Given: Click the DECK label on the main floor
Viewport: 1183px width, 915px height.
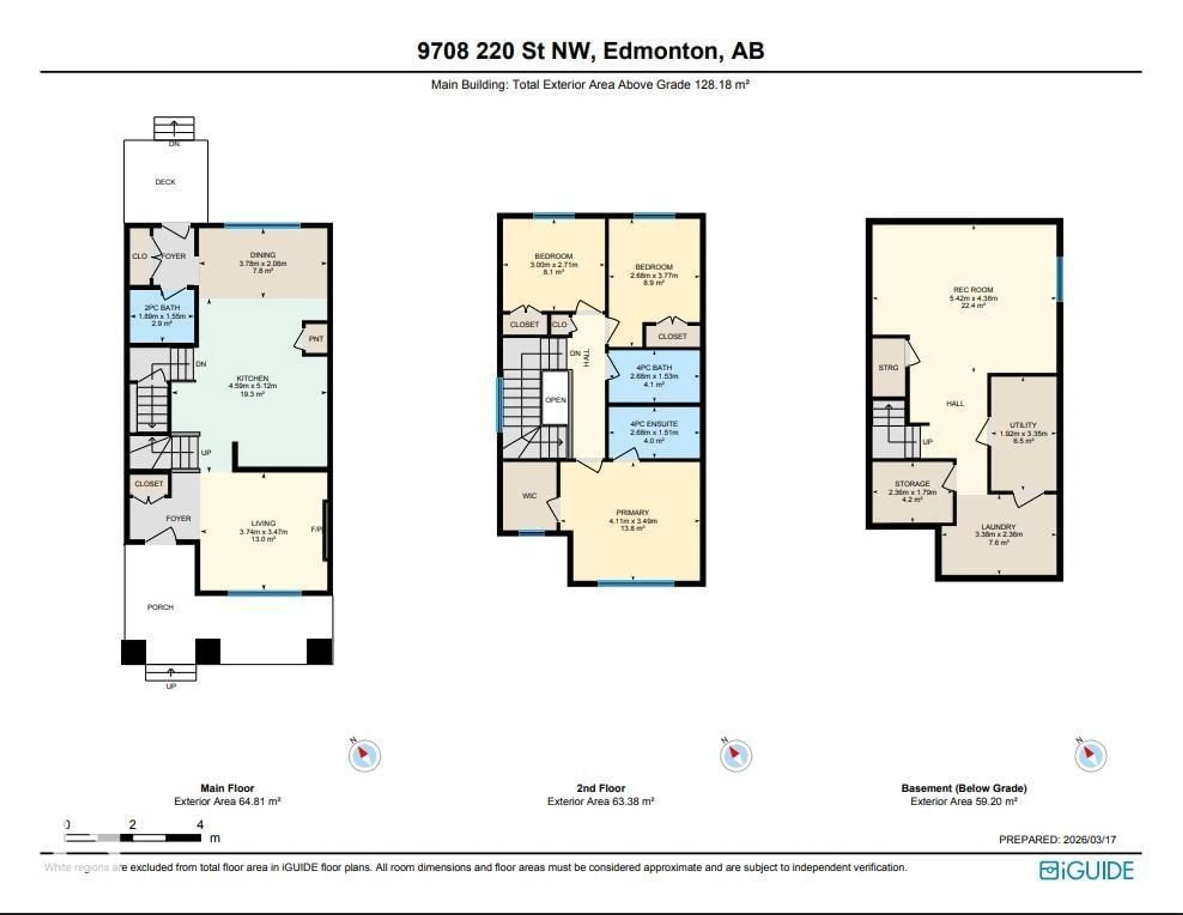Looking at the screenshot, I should (x=165, y=182).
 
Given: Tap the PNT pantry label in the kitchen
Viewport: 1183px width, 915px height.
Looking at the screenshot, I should (x=316, y=339).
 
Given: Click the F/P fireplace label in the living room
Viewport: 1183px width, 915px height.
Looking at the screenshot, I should (x=316, y=529).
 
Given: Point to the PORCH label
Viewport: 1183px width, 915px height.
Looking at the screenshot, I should (x=160, y=607).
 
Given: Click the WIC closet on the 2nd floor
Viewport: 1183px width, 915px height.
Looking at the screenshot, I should (x=529, y=496).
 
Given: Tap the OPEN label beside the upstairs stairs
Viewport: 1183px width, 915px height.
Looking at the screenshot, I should (x=556, y=400).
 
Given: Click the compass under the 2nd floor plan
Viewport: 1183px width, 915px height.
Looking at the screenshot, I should (x=736, y=755).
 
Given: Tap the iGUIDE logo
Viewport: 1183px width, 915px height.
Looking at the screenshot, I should (x=1087, y=870).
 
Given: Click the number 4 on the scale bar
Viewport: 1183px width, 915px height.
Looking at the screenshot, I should (x=200, y=824).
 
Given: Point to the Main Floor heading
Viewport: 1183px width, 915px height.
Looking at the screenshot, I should (x=227, y=788).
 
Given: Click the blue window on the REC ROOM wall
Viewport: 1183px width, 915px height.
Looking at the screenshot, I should (x=1060, y=279).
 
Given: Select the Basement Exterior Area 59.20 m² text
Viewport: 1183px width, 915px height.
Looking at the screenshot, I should (x=964, y=801).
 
